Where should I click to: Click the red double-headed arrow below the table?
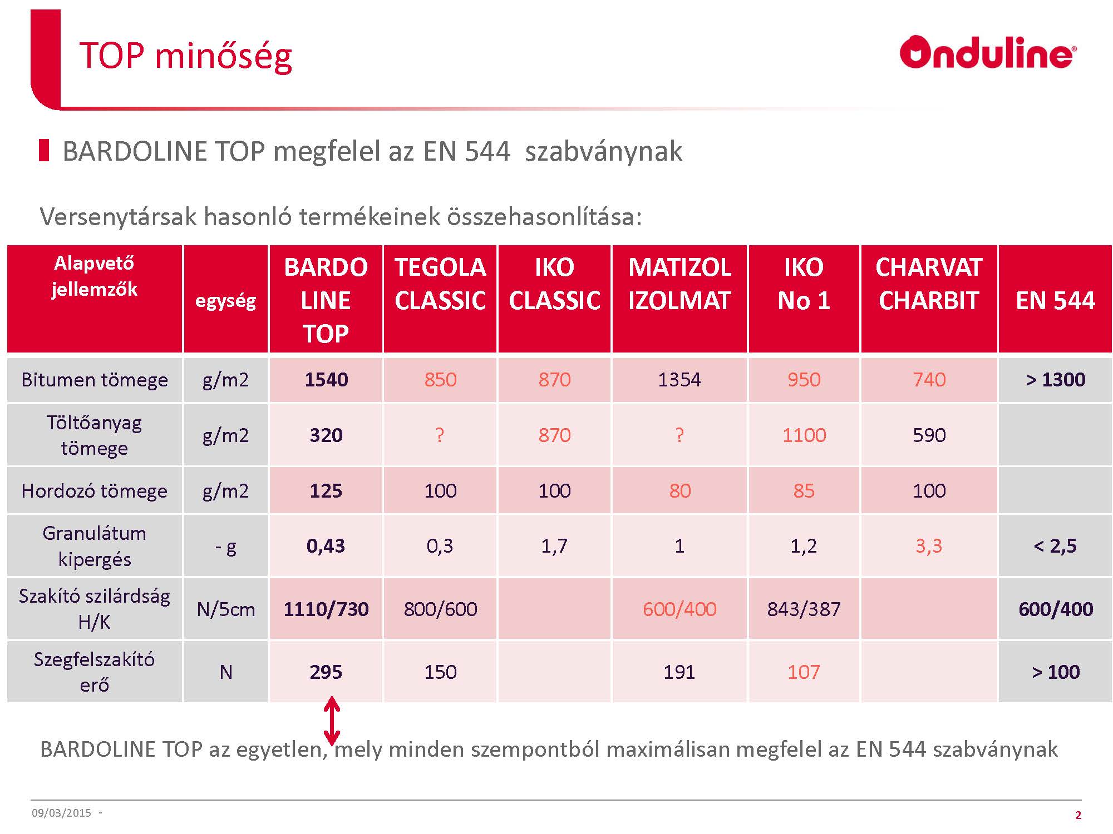tap(332, 721)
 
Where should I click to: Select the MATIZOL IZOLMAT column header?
tap(679, 284)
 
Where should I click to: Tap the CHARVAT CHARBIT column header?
tap(929, 284)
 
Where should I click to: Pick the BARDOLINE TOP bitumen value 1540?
tap(326, 380)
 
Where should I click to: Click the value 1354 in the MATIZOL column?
tap(679, 380)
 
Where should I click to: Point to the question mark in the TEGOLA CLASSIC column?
tap(440, 435)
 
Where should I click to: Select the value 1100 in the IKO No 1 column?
tap(804, 435)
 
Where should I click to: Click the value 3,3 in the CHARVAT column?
tap(929, 546)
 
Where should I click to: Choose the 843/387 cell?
tap(804, 609)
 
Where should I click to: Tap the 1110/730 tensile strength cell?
tap(326, 609)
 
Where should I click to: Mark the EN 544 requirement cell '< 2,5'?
tap(1055, 546)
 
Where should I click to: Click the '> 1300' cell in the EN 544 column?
tap(1055, 380)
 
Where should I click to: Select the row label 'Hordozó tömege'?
tap(95, 491)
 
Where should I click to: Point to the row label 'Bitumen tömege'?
tap(95, 380)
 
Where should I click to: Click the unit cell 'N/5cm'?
tap(226, 609)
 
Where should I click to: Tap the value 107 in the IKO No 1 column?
tap(804, 672)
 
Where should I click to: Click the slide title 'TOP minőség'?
tap(186, 56)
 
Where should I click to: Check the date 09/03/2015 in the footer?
tap(61, 813)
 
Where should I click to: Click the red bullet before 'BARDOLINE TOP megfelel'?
tap(44, 151)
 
